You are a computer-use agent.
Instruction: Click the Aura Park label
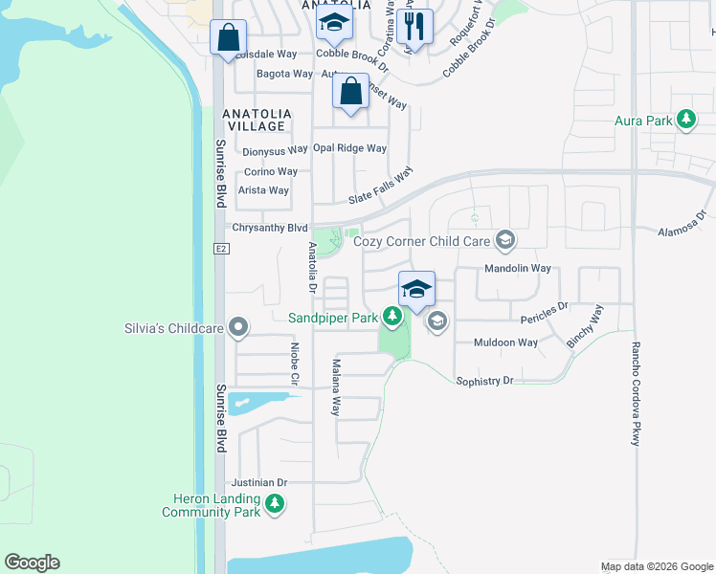pos(643,121)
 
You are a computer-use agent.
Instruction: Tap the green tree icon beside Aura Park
pos(685,121)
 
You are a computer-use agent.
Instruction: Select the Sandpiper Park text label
pos(333,317)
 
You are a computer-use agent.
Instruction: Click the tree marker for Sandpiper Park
pos(391,315)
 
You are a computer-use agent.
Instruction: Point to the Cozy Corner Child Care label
pos(422,241)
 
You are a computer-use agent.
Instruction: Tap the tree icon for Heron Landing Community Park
pos(276,504)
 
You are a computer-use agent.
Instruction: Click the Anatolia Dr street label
pos(312,267)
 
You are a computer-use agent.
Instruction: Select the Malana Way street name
pos(336,387)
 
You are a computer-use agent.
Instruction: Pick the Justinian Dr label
pos(257,482)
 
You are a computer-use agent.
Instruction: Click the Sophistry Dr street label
pos(485,381)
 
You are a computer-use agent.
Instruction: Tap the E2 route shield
pos(219,249)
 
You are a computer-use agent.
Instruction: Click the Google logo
pos(33,563)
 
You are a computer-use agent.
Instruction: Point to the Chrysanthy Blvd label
pos(270,228)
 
